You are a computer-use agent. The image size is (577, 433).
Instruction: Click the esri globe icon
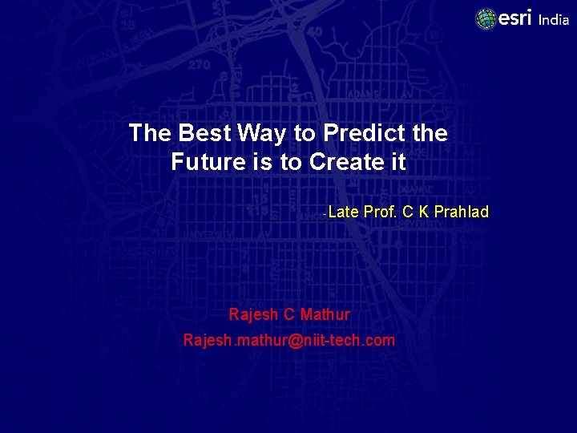pyautogui.click(x=486, y=18)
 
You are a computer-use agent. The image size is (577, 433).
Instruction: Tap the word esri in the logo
pyautogui.click(x=515, y=18)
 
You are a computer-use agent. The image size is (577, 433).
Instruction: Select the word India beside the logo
pyautogui.click(x=553, y=20)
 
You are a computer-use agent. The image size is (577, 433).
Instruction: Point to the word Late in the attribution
pyautogui.click(x=344, y=212)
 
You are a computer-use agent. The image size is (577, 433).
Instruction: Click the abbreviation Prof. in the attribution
pyautogui.click(x=381, y=212)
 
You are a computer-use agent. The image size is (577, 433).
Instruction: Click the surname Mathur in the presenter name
pyautogui.click(x=325, y=314)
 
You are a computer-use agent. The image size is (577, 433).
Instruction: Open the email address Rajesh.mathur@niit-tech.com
pyautogui.click(x=288, y=340)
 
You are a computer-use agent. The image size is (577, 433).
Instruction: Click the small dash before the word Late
pyautogui.click(x=324, y=214)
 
